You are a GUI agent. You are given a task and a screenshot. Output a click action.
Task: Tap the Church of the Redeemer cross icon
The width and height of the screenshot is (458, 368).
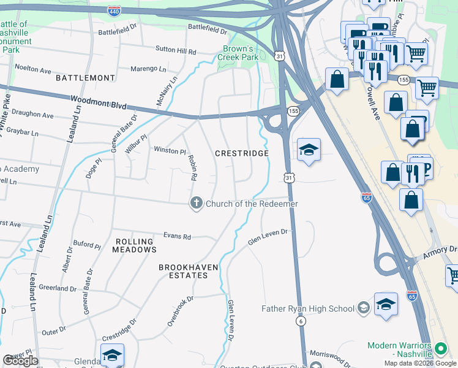click(x=196, y=204)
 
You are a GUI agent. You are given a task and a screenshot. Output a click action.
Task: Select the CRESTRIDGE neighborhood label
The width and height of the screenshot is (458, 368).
click(x=241, y=153)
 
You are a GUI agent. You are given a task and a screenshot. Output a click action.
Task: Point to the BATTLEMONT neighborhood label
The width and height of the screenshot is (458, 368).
click(x=85, y=78)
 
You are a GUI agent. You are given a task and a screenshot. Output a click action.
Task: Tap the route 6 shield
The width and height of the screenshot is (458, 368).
click(x=301, y=321)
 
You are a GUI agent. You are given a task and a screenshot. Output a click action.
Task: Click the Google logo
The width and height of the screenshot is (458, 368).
click(x=20, y=361)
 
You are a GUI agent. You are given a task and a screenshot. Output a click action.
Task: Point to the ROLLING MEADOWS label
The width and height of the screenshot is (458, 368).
click(x=135, y=245)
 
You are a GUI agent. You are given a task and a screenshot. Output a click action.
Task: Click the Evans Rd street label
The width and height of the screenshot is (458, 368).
click(x=177, y=237)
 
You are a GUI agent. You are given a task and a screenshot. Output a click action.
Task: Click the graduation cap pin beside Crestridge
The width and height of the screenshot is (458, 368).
click(x=309, y=150)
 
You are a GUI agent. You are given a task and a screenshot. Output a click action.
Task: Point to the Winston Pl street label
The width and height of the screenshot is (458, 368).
click(x=169, y=150)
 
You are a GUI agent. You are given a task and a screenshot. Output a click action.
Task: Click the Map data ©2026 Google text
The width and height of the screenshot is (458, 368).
click(x=419, y=363)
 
